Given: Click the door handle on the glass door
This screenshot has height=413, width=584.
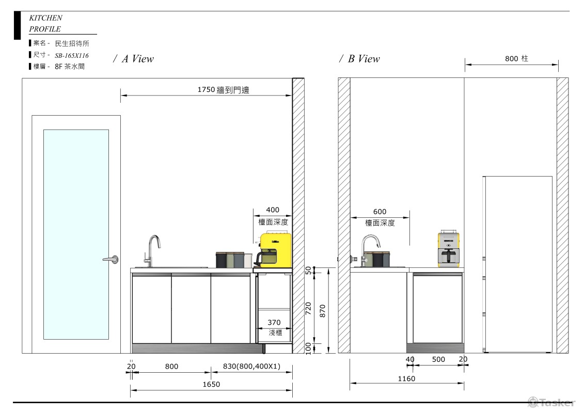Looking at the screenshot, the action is tap(112, 259).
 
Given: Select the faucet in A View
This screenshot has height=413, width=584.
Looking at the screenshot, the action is tap(152, 250).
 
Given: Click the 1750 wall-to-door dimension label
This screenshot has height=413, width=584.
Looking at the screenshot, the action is tap(223, 90).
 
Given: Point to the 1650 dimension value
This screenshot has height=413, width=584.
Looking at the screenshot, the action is tap(211, 384).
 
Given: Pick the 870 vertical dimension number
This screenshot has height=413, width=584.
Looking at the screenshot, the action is tap(323, 311).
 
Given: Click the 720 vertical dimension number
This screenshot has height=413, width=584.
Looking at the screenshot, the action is tap(308, 308).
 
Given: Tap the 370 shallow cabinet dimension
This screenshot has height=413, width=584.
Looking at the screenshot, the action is tap(274, 323).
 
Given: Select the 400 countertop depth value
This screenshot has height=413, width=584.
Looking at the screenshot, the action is tap(273, 210).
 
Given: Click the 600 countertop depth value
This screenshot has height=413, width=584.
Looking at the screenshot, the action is tap(380, 212).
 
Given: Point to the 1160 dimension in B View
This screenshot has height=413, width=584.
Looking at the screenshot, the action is tap(406, 378).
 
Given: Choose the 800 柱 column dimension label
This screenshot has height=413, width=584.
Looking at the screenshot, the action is tap(516, 58).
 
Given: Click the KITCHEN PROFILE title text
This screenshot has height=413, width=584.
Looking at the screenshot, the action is tap(46, 23).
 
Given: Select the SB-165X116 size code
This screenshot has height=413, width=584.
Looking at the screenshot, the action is tap(71, 55).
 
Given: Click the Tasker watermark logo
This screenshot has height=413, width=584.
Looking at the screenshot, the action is tap(551, 402).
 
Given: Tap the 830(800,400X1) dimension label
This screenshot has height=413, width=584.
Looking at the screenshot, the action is tap(251, 366).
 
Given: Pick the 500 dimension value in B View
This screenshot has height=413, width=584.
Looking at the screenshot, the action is tap(438, 359).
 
